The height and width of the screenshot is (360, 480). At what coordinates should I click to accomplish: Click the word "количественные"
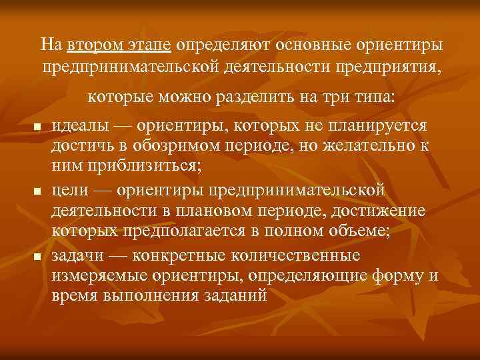[303, 255]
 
